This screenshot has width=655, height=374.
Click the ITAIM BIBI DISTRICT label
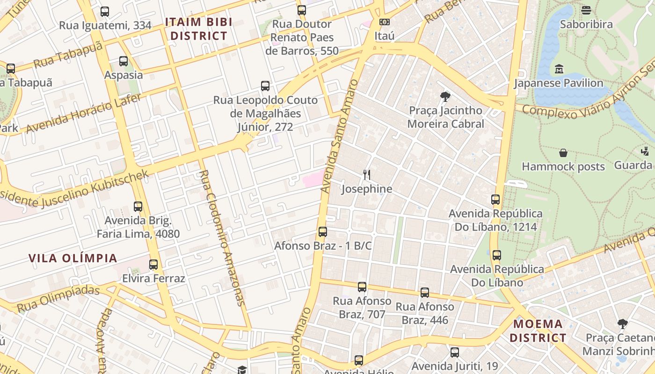[x=198, y=29]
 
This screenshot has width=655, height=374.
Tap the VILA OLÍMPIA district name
[x=73, y=258]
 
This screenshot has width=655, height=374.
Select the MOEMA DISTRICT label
[x=538, y=331]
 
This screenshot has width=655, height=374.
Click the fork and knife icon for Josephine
[x=367, y=175]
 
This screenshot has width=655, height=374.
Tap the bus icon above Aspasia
[x=124, y=61]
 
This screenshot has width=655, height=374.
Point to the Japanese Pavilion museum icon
[x=559, y=70]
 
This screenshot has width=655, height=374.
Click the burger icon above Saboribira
[x=586, y=10]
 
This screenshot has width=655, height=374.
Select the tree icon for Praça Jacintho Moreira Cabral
[x=445, y=97]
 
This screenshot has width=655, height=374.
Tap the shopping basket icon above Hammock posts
[x=563, y=153]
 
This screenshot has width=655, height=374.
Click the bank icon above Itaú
[x=384, y=22]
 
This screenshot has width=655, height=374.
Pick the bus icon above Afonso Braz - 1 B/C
[x=322, y=232]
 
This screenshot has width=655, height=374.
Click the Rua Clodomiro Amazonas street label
[x=222, y=237]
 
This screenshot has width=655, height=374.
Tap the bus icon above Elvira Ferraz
[x=153, y=265]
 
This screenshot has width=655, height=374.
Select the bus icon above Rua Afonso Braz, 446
[x=425, y=293]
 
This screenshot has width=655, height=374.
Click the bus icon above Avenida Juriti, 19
[x=455, y=352]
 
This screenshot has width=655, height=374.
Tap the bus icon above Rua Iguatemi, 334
[x=105, y=12]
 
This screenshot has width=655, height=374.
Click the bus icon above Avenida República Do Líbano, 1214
[x=495, y=200]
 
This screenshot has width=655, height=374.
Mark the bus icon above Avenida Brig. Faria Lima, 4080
[x=138, y=207]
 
